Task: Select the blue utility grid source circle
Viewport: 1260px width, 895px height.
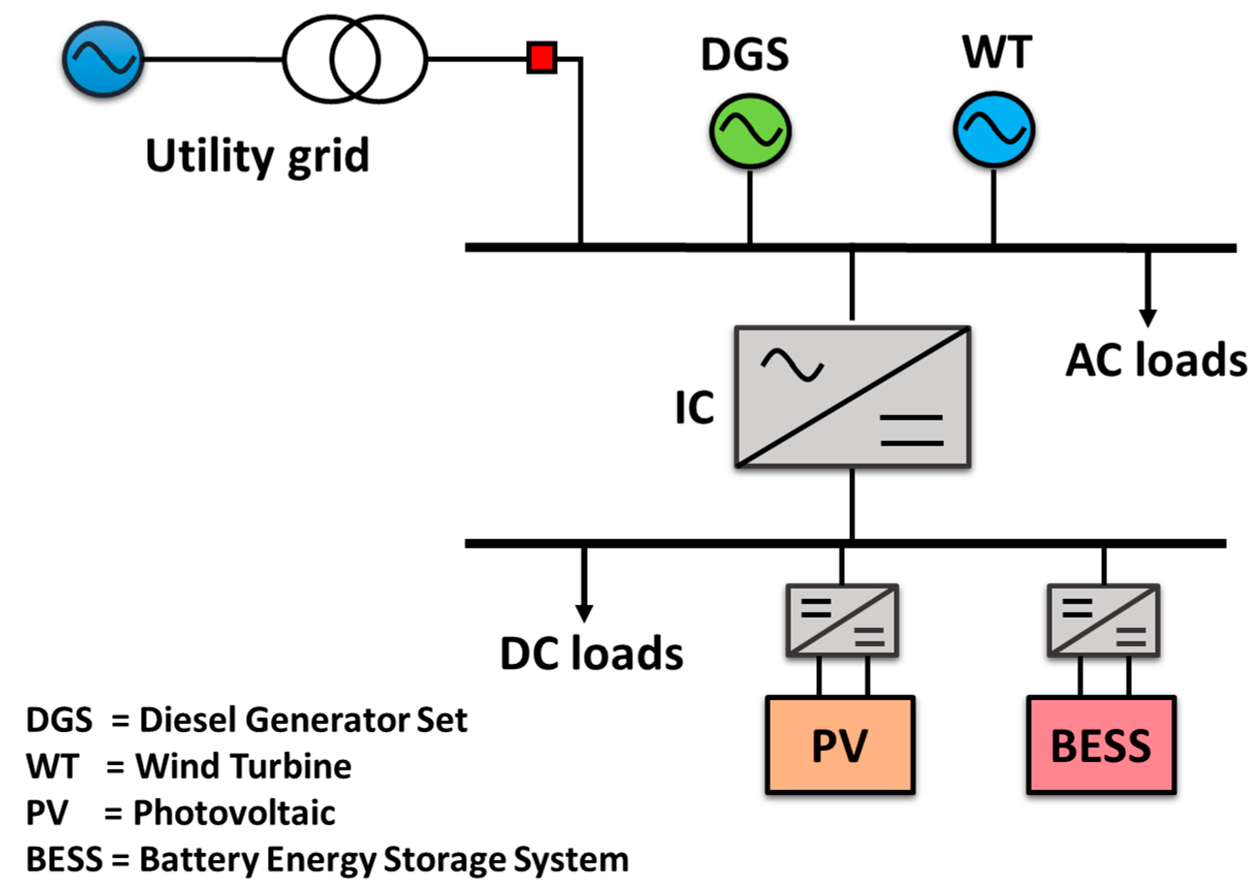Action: (103, 59)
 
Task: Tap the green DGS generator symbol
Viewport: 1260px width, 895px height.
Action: (750, 131)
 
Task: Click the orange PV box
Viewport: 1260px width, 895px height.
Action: (840, 745)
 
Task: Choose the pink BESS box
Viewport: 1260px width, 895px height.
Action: (1101, 745)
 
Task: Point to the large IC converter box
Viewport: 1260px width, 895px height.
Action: (852, 397)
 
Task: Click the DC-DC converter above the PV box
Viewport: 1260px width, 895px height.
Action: (842, 620)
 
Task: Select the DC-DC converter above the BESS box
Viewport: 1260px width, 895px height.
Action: (1103, 620)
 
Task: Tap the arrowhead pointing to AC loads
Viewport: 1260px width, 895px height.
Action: (1148, 318)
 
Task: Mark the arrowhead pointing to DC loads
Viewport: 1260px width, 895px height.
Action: (584, 613)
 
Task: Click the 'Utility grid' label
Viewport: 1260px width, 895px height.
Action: (257, 156)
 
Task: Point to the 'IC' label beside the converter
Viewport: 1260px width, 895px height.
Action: (694, 408)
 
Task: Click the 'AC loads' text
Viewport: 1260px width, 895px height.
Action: (1156, 360)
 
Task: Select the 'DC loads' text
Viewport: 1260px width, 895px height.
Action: (591, 653)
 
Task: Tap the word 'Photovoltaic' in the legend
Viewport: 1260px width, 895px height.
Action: (234, 813)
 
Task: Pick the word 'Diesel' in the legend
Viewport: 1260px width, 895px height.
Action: (188, 719)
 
